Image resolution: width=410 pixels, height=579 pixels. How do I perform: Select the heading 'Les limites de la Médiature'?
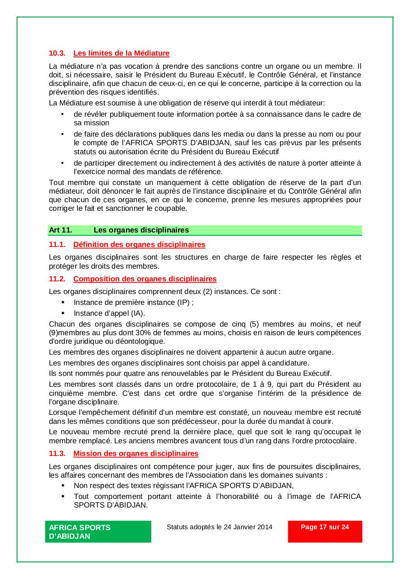(121, 53)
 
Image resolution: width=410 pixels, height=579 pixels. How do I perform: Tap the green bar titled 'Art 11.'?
(205, 230)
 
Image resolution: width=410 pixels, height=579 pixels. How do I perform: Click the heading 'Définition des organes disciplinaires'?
(139, 245)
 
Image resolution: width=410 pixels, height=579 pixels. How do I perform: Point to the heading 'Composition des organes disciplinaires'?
(145, 279)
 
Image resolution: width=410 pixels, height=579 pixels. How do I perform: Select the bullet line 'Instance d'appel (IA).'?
(109, 313)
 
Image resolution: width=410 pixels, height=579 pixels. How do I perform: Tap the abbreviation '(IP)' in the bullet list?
(183, 303)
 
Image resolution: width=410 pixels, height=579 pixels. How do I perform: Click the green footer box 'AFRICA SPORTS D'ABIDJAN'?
(98, 532)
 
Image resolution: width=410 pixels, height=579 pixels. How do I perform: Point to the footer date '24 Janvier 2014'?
(248, 527)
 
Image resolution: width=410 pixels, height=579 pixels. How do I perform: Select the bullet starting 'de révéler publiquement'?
(217, 119)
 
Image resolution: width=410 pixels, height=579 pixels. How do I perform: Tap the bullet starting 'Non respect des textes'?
(183, 486)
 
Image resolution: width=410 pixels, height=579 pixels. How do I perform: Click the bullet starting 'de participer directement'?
(217, 167)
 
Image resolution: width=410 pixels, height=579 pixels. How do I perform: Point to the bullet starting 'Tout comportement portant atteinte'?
(217, 501)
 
